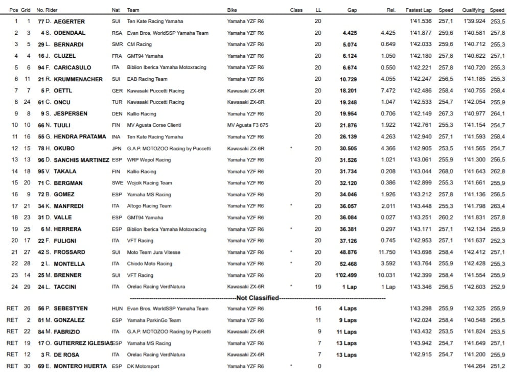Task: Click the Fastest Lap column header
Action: click(419, 10)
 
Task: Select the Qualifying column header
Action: click(473, 10)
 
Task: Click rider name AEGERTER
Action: click(70, 21)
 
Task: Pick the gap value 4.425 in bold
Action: click(349, 33)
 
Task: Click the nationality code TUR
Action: click(117, 102)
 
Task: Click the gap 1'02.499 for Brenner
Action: click(346, 275)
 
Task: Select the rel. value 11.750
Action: click(388, 252)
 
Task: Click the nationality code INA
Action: click(116, 137)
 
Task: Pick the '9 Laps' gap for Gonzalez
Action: click(348, 320)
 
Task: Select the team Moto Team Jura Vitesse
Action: click(153, 252)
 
